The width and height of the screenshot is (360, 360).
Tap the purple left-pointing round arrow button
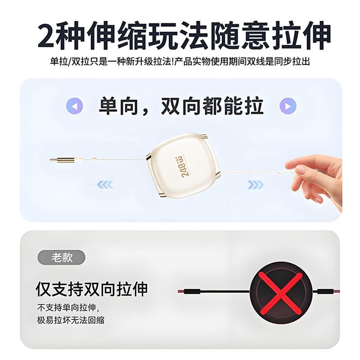[74, 106]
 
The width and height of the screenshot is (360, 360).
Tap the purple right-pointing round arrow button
[288, 106]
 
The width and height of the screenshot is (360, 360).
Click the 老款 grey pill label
[61, 257]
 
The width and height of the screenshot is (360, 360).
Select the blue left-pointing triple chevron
[105, 185]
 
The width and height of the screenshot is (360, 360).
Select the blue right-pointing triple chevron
[256, 185]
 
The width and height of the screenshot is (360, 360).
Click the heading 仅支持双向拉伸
[92, 289]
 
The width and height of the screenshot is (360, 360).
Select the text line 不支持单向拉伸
[68, 308]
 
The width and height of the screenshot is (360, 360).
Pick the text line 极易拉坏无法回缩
[71, 320]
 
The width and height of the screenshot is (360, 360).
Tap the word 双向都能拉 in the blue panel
[212, 106]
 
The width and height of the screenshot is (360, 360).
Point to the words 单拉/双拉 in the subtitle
[70, 62]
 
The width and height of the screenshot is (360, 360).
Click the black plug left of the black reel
[192, 292]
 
